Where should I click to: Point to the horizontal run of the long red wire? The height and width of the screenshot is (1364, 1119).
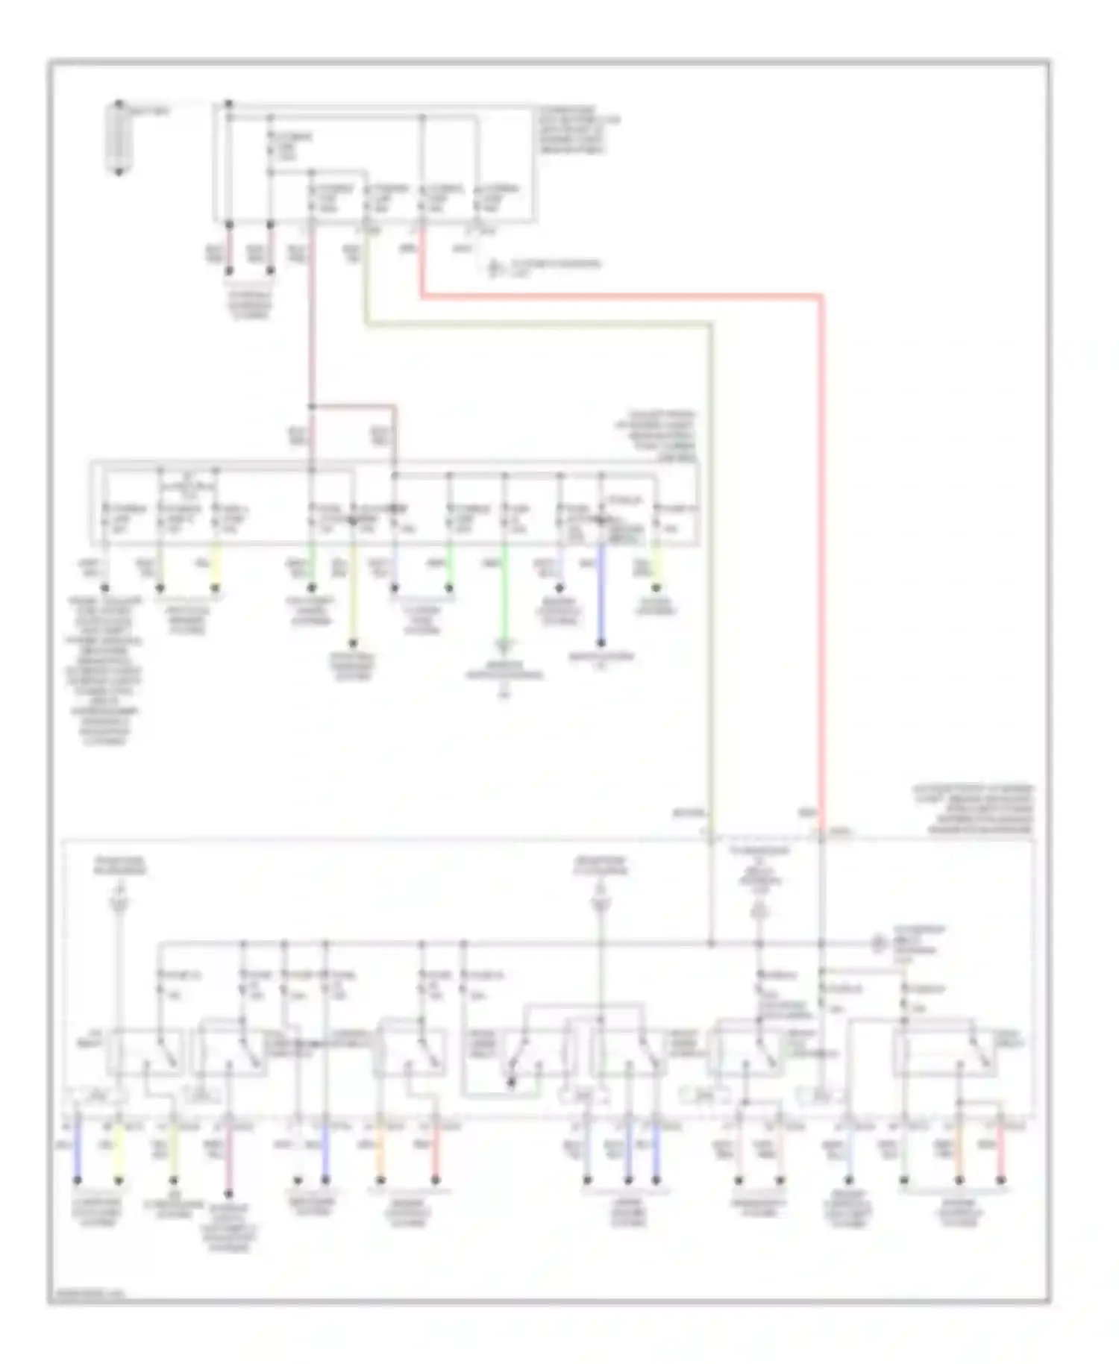[x=619, y=297]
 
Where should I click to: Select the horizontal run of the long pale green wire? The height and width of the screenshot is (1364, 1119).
[x=537, y=325]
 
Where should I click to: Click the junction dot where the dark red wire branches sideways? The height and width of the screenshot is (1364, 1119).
[x=312, y=407]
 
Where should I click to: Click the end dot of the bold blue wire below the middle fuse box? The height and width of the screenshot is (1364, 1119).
[x=601, y=642]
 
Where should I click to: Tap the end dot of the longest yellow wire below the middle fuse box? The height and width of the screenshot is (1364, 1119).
[x=353, y=642]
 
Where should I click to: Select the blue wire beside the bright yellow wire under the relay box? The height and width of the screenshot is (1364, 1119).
[x=77, y=1152]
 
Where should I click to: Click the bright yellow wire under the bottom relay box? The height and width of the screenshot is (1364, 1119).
[x=118, y=1152]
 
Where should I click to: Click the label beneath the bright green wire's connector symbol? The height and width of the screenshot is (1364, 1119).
[x=504, y=671]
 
